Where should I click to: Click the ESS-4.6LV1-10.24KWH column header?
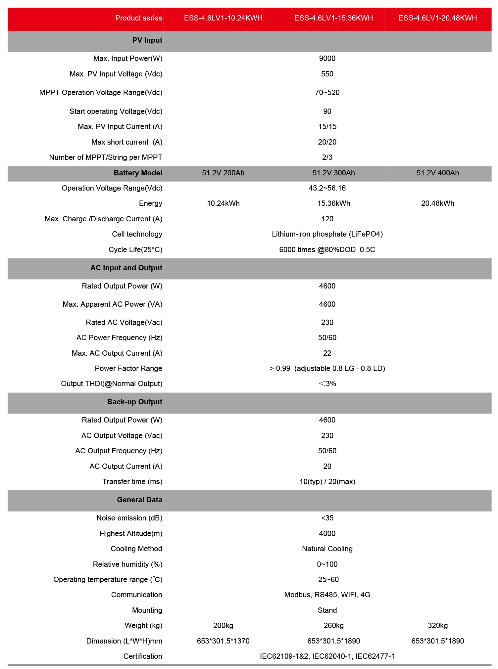click(x=223, y=18)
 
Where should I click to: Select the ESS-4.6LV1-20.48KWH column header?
click(x=437, y=18)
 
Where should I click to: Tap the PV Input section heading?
click(x=147, y=40)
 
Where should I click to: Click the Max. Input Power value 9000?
click(x=327, y=59)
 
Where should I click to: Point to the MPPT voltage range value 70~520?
click(x=327, y=93)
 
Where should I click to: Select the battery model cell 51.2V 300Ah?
click(x=333, y=173)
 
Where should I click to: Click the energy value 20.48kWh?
click(x=437, y=203)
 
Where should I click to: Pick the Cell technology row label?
click(x=137, y=234)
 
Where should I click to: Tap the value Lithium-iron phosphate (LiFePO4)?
click(x=327, y=234)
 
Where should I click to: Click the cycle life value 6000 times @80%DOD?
click(x=327, y=250)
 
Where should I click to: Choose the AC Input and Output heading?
click(x=126, y=268)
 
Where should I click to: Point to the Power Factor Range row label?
click(x=128, y=369)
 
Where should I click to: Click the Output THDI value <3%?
click(x=327, y=384)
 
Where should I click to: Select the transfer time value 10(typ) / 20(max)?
click(x=327, y=482)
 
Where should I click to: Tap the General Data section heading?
click(x=139, y=500)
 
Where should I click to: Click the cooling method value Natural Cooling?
click(x=327, y=549)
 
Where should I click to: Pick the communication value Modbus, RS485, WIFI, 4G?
click(x=327, y=595)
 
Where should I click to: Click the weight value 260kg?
click(x=333, y=626)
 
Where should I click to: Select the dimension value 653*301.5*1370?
click(x=223, y=641)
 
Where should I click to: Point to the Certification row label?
click(x=143, y=656)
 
